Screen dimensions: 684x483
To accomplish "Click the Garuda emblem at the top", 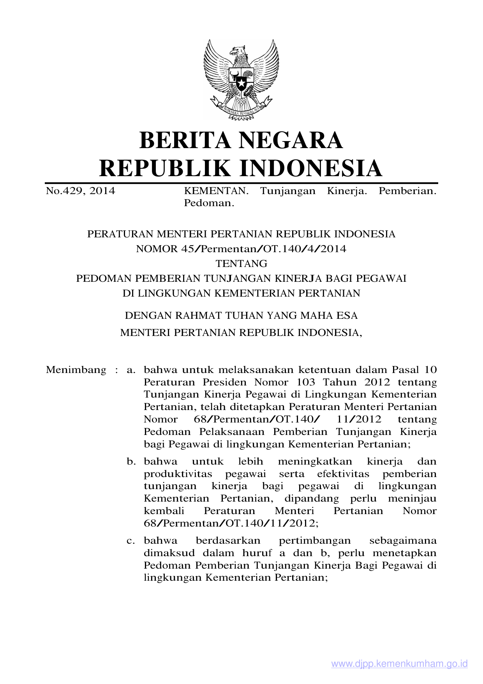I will (x=241, y=80).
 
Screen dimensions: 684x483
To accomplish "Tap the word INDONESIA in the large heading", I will (x=310, y=168).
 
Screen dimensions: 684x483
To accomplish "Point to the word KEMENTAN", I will (x=216, y=191).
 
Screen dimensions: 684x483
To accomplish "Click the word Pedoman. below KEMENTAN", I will (x=209, y=203).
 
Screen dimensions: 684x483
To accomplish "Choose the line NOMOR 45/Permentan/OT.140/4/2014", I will (x=241, y=249).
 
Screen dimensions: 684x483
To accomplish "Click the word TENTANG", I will (x=241, y=263).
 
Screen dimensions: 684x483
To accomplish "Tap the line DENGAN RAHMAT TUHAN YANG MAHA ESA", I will (x=241, y=315).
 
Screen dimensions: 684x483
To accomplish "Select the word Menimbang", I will (x=76, y=369).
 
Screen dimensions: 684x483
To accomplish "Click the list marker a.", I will (x=131, y=369).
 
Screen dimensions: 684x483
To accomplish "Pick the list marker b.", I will (x=131, y=461).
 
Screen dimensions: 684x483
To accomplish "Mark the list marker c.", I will (x=131, y=541).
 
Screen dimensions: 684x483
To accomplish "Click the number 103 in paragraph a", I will (x=306, y=382).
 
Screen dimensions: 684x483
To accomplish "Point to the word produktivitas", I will (x=178, y=474).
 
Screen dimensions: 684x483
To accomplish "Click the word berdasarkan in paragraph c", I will (x=228, y=541).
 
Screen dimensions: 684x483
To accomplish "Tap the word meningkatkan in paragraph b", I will (x=315, y=461).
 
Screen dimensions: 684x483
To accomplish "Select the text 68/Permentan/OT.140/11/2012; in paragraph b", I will (x=231, y=523).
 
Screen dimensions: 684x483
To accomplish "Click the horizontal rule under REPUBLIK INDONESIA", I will (x=241, y=183).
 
